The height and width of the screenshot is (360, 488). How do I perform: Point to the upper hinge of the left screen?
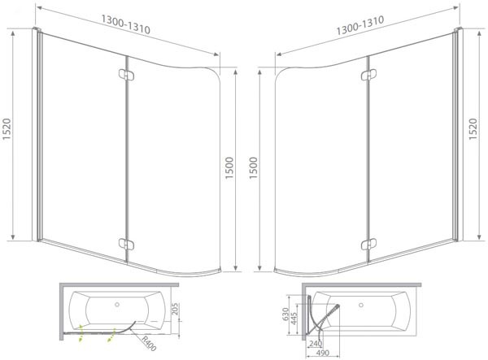tap(124, 75)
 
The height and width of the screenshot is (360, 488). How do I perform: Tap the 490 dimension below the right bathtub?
tap(324, 353)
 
